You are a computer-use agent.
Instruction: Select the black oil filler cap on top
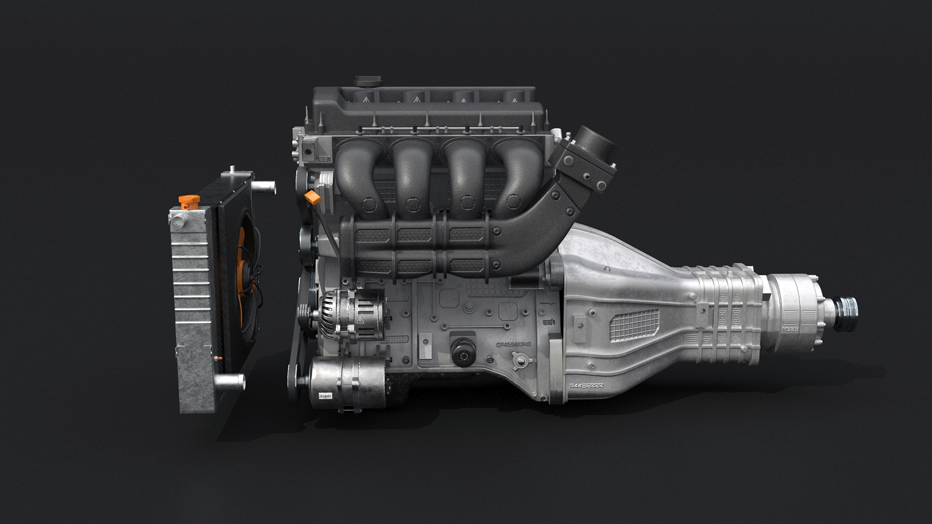click(365, 82)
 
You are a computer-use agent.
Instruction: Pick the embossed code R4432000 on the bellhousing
click(586, 386)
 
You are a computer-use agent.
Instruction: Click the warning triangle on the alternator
click(361, 321)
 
